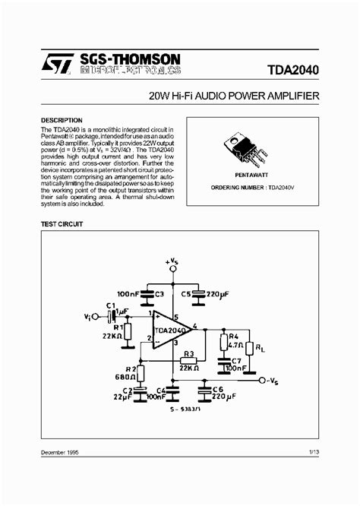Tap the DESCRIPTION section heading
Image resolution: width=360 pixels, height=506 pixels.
pyautogui.click(x=61, y=120)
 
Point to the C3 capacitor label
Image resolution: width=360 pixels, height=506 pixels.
pyautogui.click(x=158, y=293)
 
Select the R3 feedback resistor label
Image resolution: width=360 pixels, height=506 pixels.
pyautogui.click(x=190, y=354)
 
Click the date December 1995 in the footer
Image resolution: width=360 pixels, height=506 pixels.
pyautogui.click(x=60, y=473)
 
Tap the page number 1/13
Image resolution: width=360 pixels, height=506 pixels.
pyautogui.click(x=314, y=473)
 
